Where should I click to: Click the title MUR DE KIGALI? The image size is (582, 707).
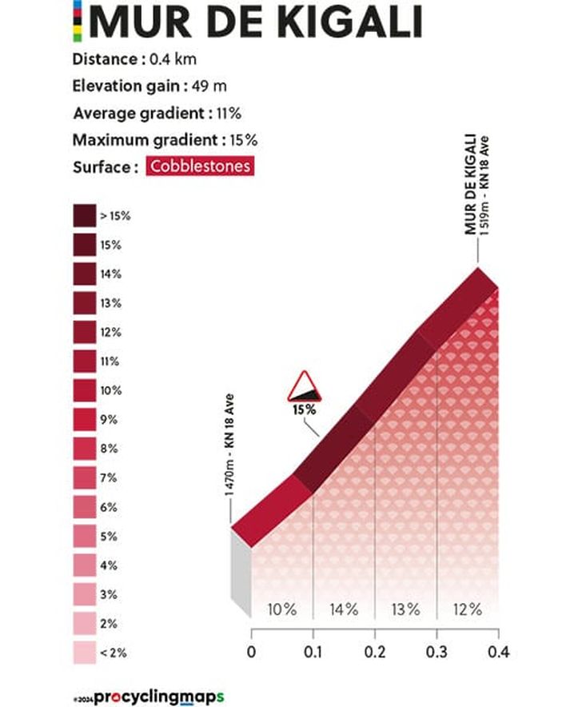click(256, 23)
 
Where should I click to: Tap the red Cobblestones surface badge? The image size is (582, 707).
click(200, 167)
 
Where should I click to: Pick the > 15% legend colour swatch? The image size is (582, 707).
click(84, 216)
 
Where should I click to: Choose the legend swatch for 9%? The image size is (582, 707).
click(84, 419)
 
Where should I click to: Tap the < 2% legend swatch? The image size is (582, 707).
click(84, 652)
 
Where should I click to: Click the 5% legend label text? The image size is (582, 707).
click(110, 536)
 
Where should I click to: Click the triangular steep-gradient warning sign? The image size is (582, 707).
click(304, 387)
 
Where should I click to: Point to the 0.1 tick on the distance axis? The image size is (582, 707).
click(313, 653)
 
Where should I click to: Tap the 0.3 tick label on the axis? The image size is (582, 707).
click(436, 653)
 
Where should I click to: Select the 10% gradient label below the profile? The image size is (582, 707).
click(281, 609)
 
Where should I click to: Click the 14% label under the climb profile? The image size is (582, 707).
click(343, 609)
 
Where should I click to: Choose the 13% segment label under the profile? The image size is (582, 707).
click(405, 609)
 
